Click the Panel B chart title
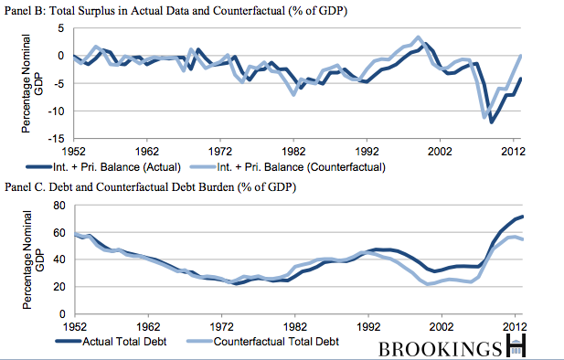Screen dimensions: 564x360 point(176,10)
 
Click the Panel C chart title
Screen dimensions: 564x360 point(150,187)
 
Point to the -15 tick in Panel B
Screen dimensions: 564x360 point(56,139)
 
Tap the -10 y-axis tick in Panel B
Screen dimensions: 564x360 point(56,111)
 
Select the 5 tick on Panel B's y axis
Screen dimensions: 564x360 point(61,28)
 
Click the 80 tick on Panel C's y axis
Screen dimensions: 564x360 point(59,206)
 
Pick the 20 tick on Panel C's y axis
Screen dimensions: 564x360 point(59,287)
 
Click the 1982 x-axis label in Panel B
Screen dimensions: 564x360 point(293,151)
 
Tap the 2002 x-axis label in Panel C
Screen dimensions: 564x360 point(441,326)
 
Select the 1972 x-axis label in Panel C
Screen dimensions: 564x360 point(221,326)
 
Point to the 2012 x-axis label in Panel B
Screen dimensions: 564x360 point(513,151)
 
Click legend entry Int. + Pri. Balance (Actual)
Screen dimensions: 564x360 point(103,167)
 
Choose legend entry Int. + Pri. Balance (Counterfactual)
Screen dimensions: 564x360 point(288,167)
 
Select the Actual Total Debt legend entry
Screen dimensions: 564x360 point(112,342)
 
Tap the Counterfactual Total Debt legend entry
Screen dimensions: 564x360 point(263,342)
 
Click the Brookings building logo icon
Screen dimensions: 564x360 point(516,345)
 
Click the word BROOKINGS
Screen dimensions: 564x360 point(441,349)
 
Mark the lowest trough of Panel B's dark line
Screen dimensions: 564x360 point(492,122)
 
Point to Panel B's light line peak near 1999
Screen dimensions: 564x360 point(418,37)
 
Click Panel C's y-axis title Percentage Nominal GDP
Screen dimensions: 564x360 point(33,259)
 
